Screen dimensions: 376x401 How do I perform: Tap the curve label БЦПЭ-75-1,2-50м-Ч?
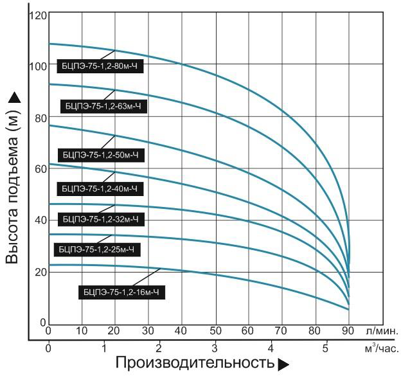point(100,155)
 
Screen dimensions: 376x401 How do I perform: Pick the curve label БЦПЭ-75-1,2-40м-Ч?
point(100,189)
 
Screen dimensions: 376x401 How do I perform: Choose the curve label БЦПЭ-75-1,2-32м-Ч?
point(102,219)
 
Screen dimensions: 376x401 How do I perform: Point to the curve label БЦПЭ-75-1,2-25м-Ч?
point(99,248)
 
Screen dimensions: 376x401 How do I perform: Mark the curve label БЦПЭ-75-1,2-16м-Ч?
point(121,292)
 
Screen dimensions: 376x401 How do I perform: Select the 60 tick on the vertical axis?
point(41,168)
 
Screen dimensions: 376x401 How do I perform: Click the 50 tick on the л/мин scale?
point(216,331)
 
